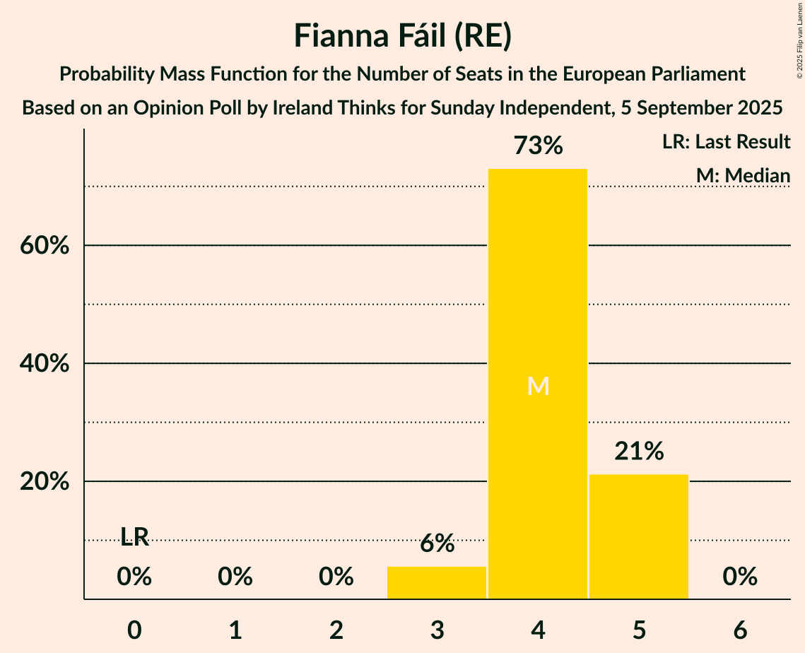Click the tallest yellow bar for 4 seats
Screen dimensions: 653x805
[x=538, y=297]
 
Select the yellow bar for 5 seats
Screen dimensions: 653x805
[x=639, y=536]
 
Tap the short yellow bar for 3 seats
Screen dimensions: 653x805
[x=437, y=582]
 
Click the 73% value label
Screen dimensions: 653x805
[x=538, y=146]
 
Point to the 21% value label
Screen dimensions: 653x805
[x=639, y=452]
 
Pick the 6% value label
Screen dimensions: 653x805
[x=437, y=543]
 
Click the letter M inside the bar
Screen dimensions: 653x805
[x=538, y=386]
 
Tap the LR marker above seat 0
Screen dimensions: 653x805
[x=134, y=538]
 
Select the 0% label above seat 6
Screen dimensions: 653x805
[x=740, y=577]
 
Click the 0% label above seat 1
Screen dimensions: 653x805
[x=235, y=577]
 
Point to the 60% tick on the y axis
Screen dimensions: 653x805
[x=44, y=246]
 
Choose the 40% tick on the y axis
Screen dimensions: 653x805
[x=44, y=364]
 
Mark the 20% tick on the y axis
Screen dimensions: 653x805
[x=44, y=482]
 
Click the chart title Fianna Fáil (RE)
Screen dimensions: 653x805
[x=402, y=36]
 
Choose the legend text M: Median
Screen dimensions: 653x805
[x=743, y=175]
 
